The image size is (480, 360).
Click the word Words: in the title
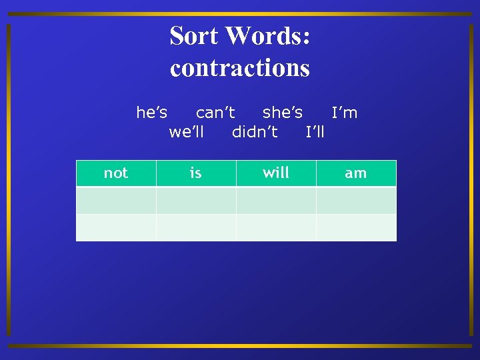[x=269, y=35]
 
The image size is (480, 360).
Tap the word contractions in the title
[x=240, y=67]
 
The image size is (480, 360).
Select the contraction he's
[x=152, y=113]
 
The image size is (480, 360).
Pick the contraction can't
[x=215, y=113]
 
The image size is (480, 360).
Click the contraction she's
[x=283, y=113]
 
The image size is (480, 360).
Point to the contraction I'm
[x=345, y=113]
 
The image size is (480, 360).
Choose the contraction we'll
[x=187, y=131]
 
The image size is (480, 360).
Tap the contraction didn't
[x=255, y=131]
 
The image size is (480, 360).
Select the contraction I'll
[x=315, y=131]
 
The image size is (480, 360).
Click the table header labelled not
[x=116, y=173]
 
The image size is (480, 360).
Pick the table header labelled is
[x=196, y=173]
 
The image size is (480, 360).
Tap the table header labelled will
[x=276, y=173]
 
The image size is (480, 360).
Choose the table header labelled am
[x=356, y=173]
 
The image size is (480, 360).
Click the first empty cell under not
[x=116, y=200]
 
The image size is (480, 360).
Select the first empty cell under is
[x=196, y=200]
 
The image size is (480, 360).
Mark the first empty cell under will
[x=276, y=200]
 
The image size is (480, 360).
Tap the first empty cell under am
[x=356, y=200]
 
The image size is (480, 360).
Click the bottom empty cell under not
[x=116, y=227]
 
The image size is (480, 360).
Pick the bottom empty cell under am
[x=356, y=227]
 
